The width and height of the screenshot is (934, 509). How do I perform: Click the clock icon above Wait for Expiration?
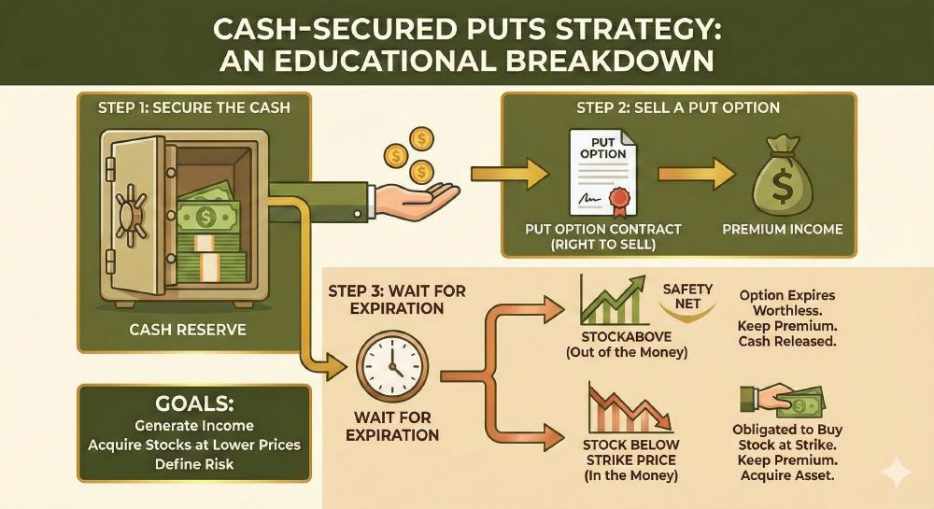tap(392, 367)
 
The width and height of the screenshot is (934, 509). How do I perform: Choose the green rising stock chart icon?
tap(612, 299)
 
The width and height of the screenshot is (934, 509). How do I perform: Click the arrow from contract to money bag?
tap(689, 175)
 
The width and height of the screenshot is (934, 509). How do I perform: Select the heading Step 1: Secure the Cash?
tap(193, 107)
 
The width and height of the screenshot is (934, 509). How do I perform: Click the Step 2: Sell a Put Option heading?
tap(677, 107)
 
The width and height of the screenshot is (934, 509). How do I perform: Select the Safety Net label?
tap(687, 296)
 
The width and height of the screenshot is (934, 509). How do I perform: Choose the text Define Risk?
tap(193, 464)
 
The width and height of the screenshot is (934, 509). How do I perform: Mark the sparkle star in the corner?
tap(898, 474)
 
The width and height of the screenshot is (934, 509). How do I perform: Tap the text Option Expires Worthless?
tap(786, 303)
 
